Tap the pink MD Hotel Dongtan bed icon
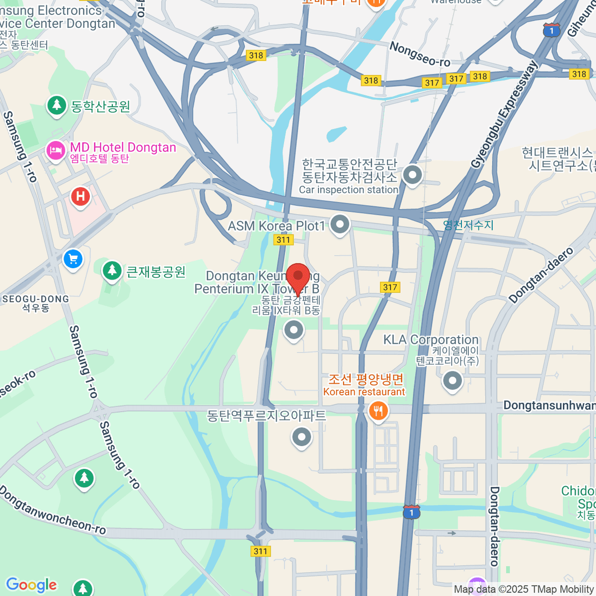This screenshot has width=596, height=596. pyautogui.click(x=56, y=150)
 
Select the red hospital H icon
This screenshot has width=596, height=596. pyautogui.click(x=80, y=197)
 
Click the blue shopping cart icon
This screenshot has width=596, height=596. pyautogui.click(x=73, y=259)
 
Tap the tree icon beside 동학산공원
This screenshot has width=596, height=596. pyautogui.click(x=57, y=105)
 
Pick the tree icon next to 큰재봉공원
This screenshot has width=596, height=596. pyautogui.click(x=112, y=271)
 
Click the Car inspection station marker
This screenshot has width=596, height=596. pyautogui.click(x=412, y=175)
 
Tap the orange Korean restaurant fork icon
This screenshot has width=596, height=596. pyautogui.click(x=378, y=411)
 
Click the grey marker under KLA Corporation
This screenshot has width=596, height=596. pyautogui.click(x=452, y=381)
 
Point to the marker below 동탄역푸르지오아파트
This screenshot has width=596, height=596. pyautogui.click(x=301, y=438)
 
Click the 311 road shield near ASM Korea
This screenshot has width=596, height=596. pyautogui.click(x=283, y=240)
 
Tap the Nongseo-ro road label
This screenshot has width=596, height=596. pyautogui.click(x=420, y=54)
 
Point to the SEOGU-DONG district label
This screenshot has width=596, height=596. pyautogui.click(x=35, y=299)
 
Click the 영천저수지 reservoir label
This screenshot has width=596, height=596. pyautogui.click(x=468, y=225)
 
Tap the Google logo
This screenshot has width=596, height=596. pyautogui.click(x=32, y=585)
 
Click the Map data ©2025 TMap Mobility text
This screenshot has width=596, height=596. pyautogui.click(x=524, y=590)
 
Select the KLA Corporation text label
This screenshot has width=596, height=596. pyautogui.click(x=431, y=340)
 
